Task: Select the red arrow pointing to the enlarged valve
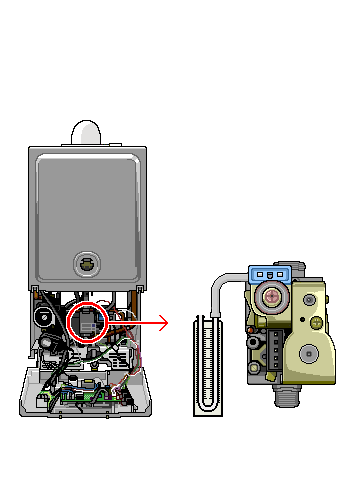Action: coord(150,322)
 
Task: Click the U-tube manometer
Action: coord(207,365)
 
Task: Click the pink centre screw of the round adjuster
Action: coord(271,296)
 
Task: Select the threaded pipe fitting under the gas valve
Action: coord(288,397)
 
